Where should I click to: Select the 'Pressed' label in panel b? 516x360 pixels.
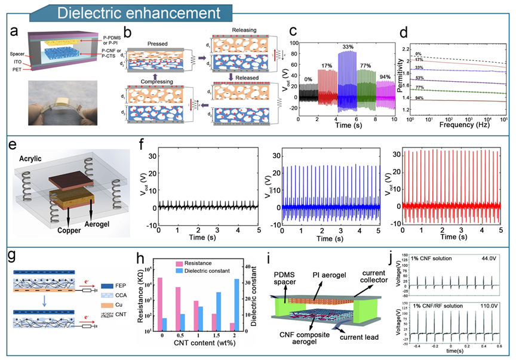(157, 44)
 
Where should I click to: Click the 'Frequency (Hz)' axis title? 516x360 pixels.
(459, 127)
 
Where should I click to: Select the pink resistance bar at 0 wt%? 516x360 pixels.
(159, 304)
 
